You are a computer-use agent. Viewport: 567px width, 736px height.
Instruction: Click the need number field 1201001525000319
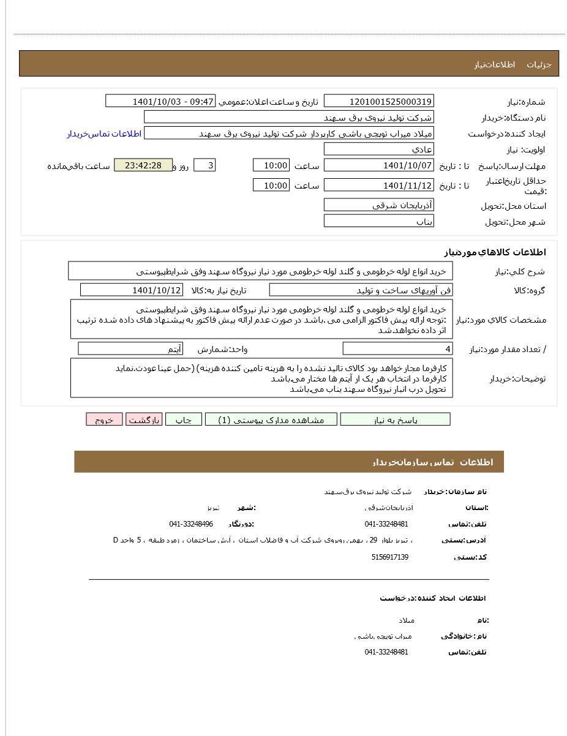pos(378,102)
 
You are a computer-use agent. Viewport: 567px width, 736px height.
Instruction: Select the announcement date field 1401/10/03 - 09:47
pos(160,102)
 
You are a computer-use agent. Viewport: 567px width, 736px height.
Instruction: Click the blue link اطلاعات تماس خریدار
pos(104,133)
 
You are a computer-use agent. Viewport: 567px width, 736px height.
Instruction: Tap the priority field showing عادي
pos(378,149)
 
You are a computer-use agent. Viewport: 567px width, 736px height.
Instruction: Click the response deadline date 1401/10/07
pos(378,165)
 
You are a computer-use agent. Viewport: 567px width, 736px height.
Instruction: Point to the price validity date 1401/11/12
pos(378,186)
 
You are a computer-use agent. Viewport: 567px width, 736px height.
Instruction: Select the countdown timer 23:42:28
pos(143,165)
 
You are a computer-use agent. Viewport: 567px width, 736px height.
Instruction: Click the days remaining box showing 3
pos(205,165)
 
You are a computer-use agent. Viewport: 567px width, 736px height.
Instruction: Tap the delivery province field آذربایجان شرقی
pos(378,205)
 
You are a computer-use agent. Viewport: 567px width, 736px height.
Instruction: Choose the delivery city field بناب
pos(378,221)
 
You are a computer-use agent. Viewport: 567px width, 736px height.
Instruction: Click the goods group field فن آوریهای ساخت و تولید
pos(361,290)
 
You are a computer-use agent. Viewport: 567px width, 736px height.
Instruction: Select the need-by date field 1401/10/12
pos(132,290)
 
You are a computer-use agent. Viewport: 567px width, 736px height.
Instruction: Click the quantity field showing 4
pos(397,349)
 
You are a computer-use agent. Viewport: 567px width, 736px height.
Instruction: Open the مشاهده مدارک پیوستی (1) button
pos(271,420)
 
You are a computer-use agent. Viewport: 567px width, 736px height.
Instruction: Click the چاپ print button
pos(184,420)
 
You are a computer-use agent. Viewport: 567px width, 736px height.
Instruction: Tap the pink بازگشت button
pos(144,420)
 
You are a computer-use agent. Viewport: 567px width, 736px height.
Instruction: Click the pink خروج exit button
pos(104,420)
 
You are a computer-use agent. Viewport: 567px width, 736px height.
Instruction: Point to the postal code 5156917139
pos(389,557)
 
